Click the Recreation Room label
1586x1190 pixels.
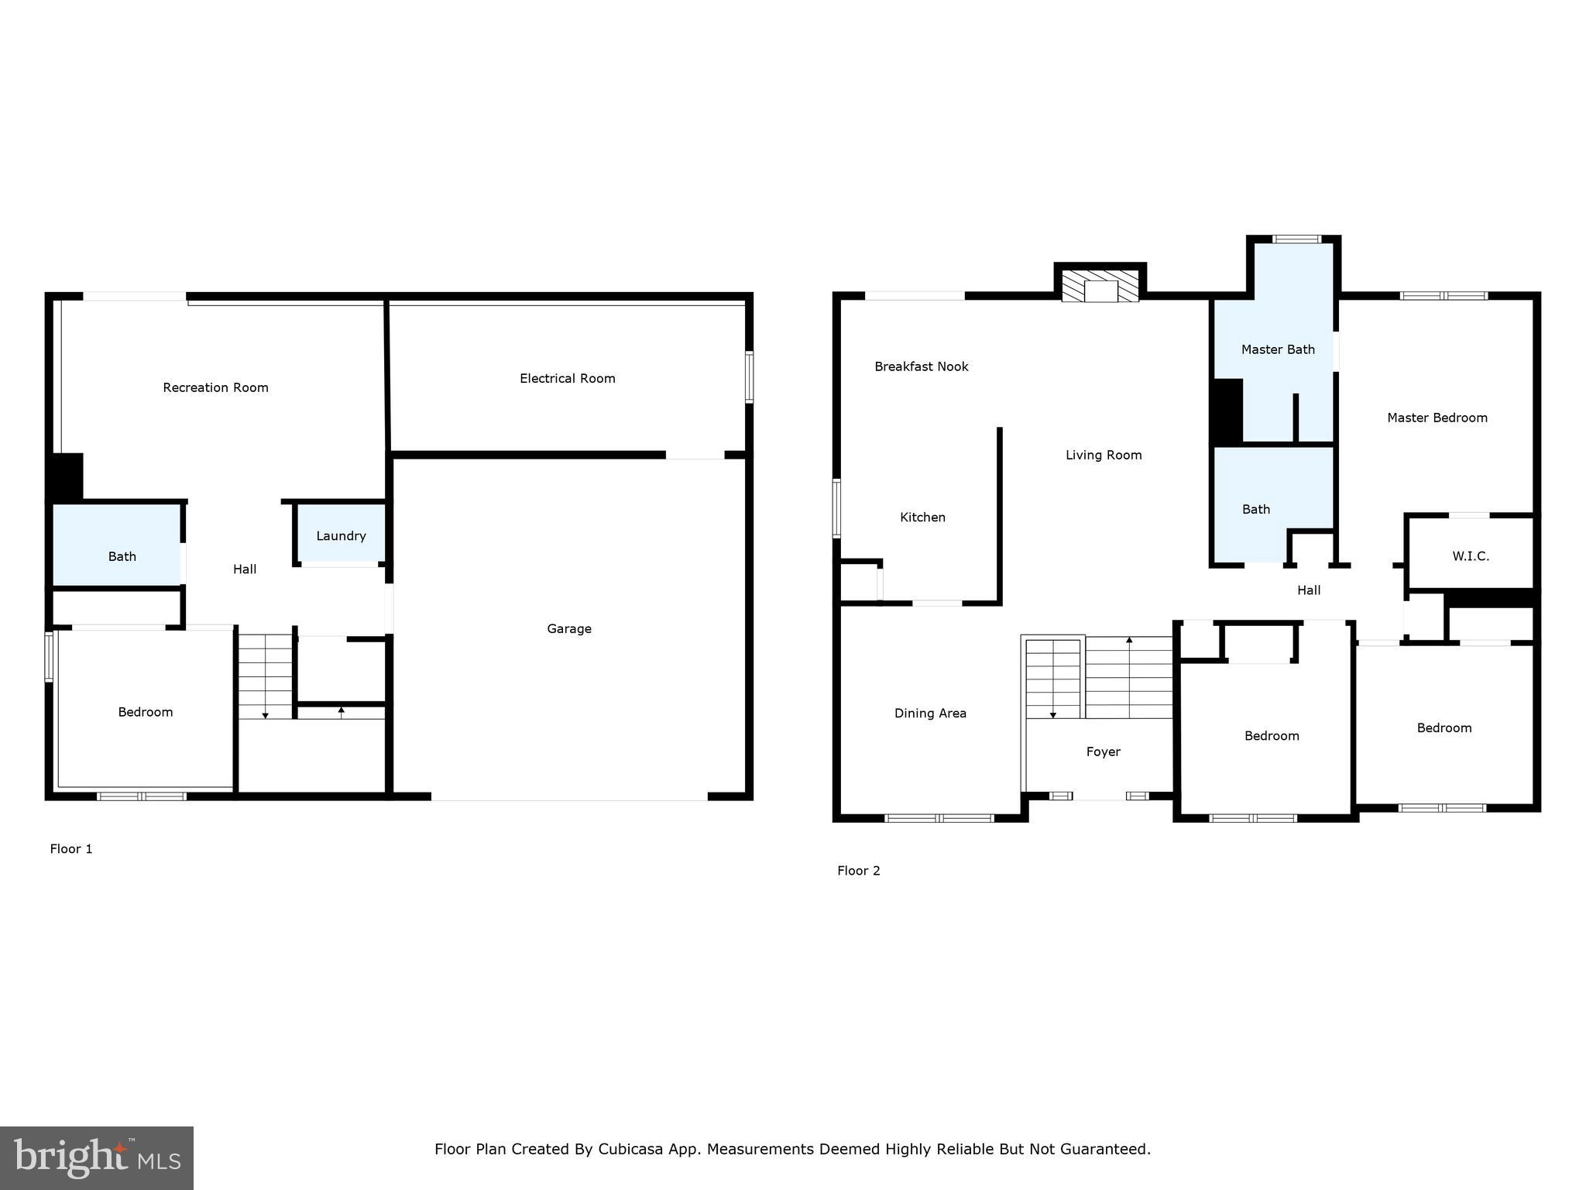click(x=215, y=387)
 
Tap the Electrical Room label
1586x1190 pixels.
click(x=567, y=378)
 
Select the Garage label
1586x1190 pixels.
click(x=569, y=628)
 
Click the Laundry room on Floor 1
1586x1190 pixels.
click(x=341, y=535)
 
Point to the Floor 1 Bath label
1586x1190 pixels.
click(x=122, y=556)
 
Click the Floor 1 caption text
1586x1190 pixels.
click(x=71, y=848)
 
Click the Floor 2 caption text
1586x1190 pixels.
click(x=858, y=870)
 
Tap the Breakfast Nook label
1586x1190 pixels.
click(x=921, y=366)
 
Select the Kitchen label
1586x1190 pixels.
click(x=922, y=517)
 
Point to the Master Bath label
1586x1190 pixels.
click(x=1278, y=349)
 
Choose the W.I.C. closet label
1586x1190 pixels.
click(x=1470, y=555)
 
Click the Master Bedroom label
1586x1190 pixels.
click(x=1437, y=418)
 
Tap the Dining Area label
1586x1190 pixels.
click(x=930, y=713)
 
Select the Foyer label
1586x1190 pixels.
click(x=1103, y=751)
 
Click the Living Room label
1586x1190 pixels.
click(x=1104, y=455)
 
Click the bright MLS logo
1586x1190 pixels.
click(x=97, y=1157)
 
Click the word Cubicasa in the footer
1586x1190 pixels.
click(x=630, y=1149)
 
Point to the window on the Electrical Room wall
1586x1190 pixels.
click(x=749, y=377)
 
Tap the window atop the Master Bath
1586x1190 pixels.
click(x=1297, y=239)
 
